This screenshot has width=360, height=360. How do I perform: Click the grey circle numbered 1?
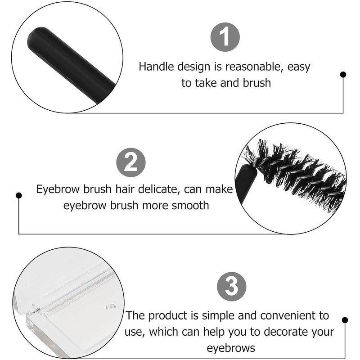pos(225,37)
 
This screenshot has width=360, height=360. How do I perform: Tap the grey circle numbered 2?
pos(131,162)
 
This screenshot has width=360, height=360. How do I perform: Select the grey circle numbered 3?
pos(231,286)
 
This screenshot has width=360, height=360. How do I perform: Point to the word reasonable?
pos(253,67)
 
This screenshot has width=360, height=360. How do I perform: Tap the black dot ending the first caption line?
pos(343,74)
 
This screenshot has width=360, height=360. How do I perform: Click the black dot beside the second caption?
pos(19,195)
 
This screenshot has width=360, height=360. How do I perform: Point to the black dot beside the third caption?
pos(345,320)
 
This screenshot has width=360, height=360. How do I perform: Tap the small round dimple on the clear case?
pos(111,306)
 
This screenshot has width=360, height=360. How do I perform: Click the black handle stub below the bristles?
pos(244,181)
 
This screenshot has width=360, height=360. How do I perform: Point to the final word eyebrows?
pos(231,348)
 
